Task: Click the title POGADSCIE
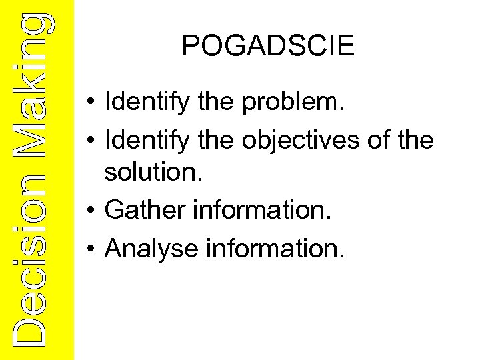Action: point(268,46)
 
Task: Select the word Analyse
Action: point(152,248)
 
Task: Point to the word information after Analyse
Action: point(276,248)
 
